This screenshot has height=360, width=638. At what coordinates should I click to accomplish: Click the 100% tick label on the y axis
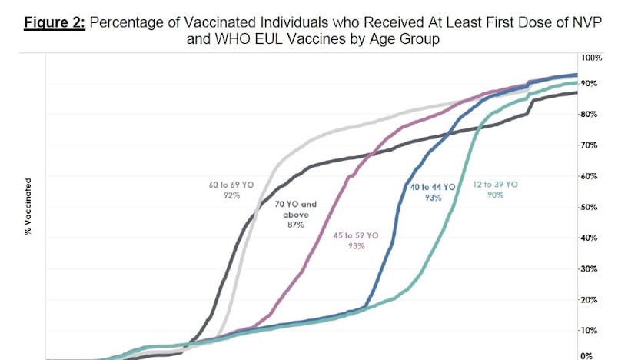coord(591,58)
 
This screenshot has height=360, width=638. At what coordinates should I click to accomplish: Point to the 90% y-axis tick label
coord(590,83)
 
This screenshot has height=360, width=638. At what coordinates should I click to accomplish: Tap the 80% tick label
coord(590,114)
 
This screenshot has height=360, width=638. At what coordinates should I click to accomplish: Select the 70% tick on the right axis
coord(590,145)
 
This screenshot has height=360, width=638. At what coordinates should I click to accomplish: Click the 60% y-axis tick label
coord(590,176)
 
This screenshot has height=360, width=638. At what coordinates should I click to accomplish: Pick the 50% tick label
coord(590,207)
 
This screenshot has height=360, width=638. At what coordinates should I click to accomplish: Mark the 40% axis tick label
coord(590,238)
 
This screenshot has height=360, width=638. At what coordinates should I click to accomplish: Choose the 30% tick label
coord(590,268)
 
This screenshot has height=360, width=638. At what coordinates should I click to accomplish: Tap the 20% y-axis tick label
coord(590,300)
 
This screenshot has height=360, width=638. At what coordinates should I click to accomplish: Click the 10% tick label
coord(590,331)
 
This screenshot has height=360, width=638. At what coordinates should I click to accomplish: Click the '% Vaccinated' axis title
coord(29,207)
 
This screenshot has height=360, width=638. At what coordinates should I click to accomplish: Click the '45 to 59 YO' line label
coord(355,235)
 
